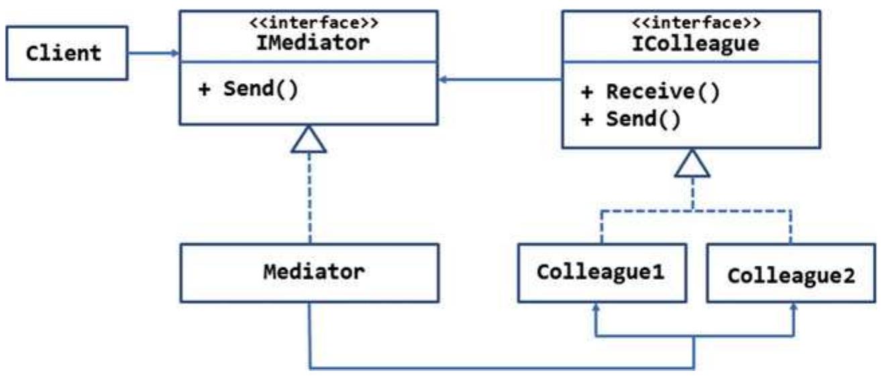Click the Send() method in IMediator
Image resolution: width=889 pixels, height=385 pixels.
pos(248,89)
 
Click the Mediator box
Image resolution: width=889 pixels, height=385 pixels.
pos(313,272)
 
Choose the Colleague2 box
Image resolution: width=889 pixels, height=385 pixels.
pos(791,276)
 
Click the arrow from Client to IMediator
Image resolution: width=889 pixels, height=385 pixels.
pos(153,53)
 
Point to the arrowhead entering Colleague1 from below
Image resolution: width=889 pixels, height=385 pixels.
pos(595,307)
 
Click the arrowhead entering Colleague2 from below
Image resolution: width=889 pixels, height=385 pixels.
pos(794,307)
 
